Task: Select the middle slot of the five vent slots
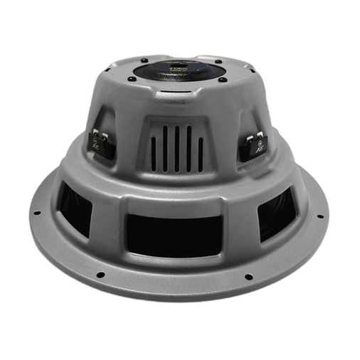pos(176,149)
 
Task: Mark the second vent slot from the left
pos(165,149)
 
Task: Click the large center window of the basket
pos(174,234)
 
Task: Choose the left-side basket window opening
pos(75,208)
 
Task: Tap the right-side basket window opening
pos(277,211)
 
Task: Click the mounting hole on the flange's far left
pos(36,212)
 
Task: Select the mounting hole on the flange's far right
pos(319,216)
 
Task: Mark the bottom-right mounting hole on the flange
pos(248,277)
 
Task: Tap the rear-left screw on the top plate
pos(144,59)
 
